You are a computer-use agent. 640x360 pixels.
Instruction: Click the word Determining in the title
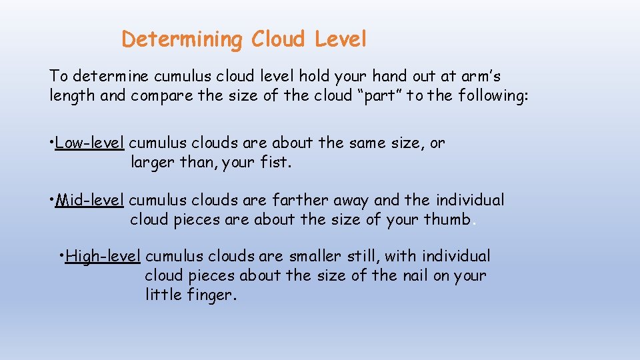(183, 40)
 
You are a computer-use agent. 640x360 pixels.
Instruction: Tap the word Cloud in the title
(278, 40)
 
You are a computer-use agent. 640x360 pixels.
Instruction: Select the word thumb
(447, 219)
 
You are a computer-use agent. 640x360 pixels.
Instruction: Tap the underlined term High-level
(103, 257)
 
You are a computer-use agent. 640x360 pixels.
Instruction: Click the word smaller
(317, 257)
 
